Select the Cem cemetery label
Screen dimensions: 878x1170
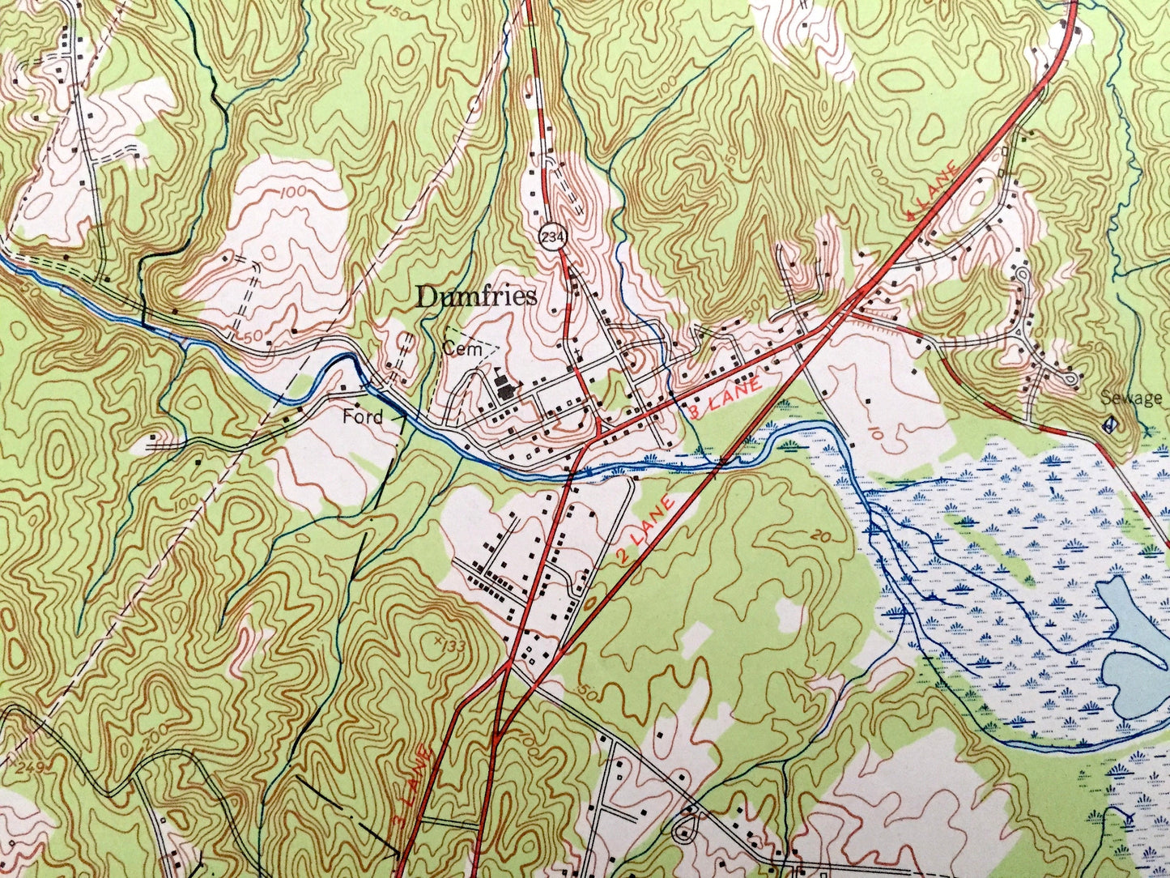point(457,349)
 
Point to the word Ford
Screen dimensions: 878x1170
point(362,417)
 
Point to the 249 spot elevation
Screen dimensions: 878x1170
point(14,767)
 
